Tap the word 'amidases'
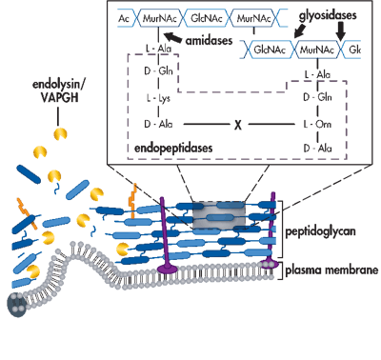(209, 44)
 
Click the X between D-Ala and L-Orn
(235, 125)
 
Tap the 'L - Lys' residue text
(153, 99)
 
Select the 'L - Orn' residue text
(313, 125)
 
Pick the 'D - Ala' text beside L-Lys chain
(153, 125)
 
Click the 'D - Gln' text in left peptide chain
(153, 73)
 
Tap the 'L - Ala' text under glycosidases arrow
(313, 73)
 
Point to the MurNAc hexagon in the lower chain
(313, 47)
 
